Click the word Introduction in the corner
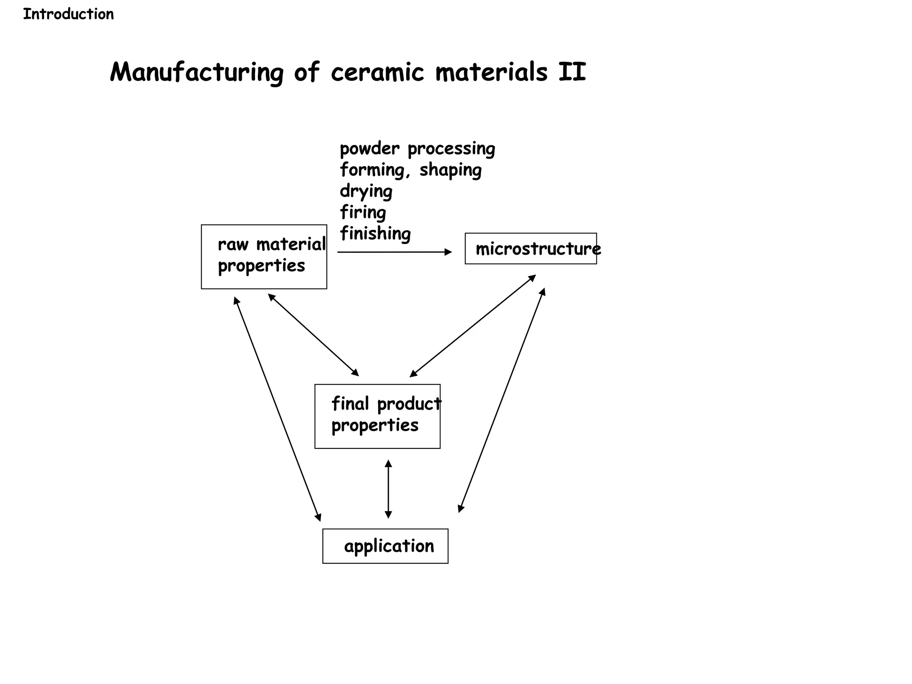click(68, 14)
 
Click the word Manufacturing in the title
click(196, 72)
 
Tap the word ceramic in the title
click(377, 72)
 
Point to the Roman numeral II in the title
click(572, 72)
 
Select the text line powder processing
click(417, 149)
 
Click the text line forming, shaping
click(410, 170)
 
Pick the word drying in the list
click(366, 191)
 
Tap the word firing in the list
click(362, 212)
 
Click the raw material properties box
click(264, 257)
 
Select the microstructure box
click(530, 248)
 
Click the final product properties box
click(377, 416)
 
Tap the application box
click(385, 546)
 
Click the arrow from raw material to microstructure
click(394, 252)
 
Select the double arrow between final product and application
click(388, 489)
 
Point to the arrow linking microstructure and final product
click(472, 326)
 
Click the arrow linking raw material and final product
click(313, 335)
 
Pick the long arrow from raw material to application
click(277, 409)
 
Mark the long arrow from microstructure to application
click(501, 400)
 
